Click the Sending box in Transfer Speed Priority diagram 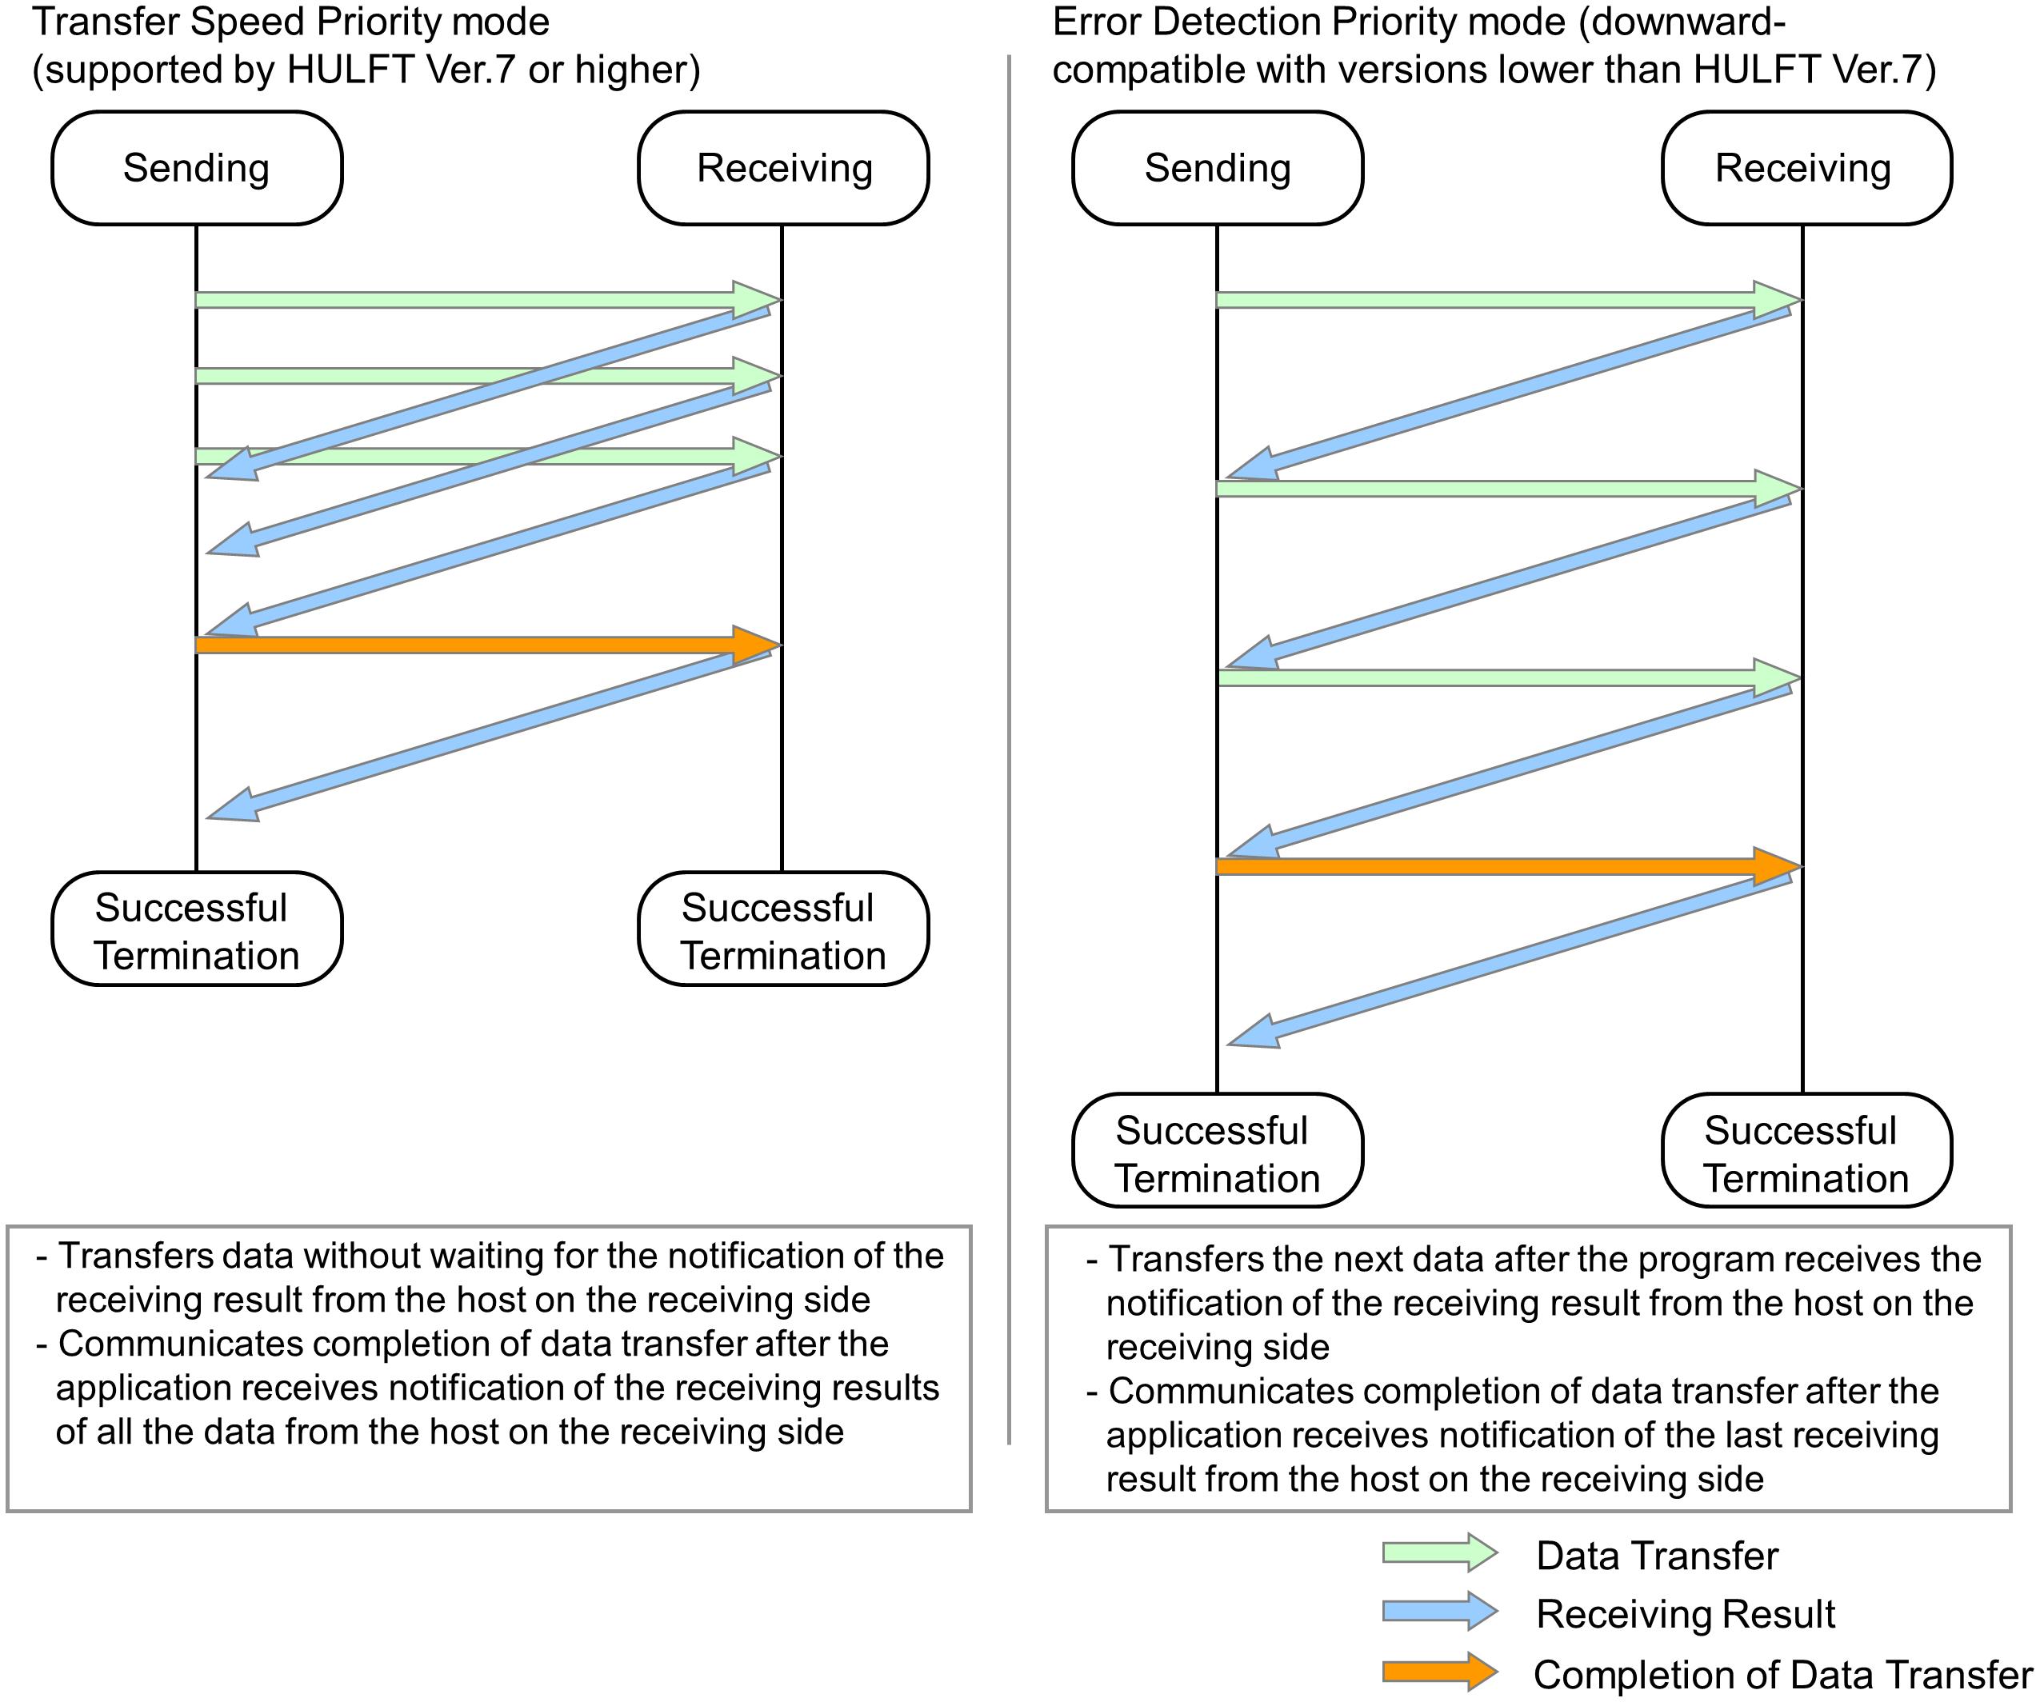196,168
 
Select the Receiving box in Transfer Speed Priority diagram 783,168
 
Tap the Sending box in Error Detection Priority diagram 1218,168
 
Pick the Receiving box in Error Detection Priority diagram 1806,168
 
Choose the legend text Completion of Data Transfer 1782,1674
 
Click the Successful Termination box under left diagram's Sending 196,929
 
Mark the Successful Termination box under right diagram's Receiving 1806,1153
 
